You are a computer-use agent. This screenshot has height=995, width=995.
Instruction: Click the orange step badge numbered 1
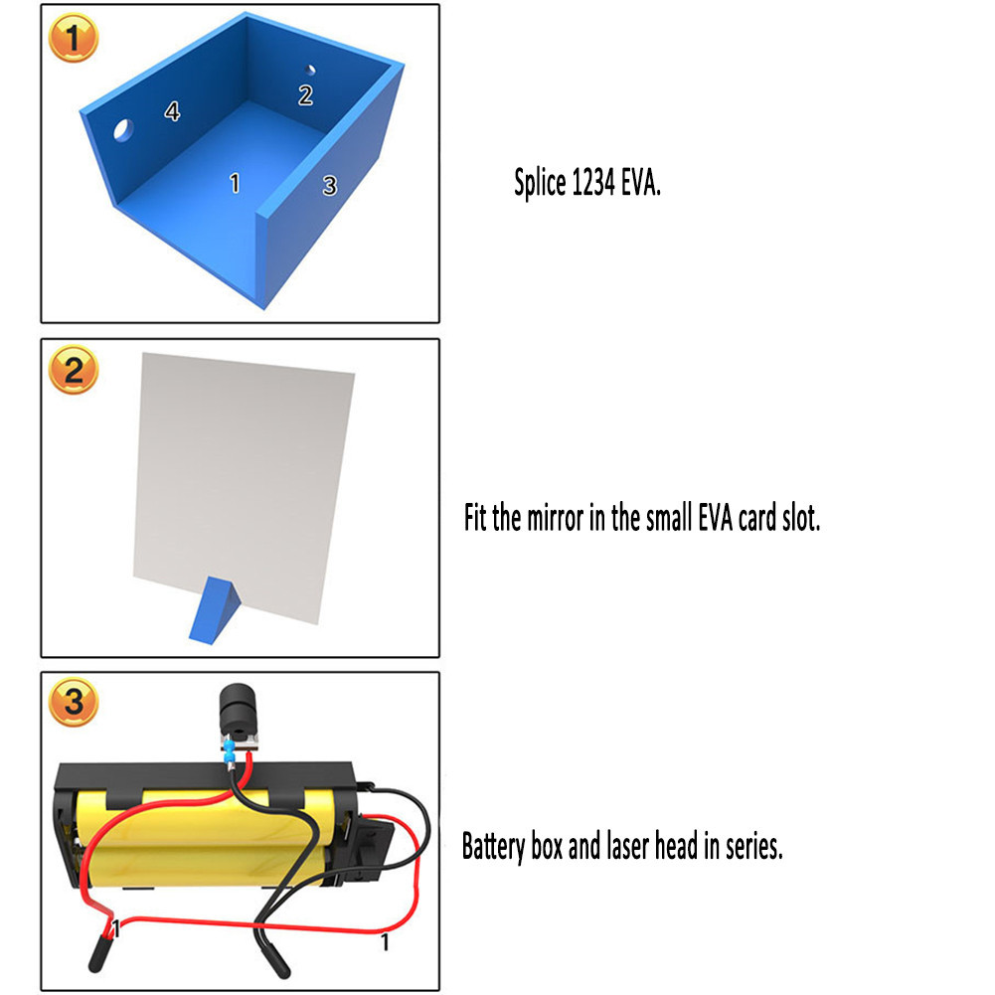74,38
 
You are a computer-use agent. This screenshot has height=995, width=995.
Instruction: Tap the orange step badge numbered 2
74,370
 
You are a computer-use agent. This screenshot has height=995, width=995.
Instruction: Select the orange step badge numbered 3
74,702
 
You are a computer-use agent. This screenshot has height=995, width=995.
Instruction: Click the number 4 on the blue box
172,111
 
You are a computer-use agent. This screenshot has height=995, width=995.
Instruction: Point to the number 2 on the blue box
306,95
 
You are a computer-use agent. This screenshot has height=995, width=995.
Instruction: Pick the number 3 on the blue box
329,185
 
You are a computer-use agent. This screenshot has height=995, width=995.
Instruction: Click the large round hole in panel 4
123,130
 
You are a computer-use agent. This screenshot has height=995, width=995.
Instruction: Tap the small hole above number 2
310,70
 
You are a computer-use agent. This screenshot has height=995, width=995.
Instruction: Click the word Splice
540,184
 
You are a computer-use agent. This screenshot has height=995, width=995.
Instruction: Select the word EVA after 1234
641,184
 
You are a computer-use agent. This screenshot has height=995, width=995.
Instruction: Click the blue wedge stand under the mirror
215,610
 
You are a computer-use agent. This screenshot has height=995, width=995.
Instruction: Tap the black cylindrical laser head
238,710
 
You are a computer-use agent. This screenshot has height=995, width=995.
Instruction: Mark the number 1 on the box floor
235,183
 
